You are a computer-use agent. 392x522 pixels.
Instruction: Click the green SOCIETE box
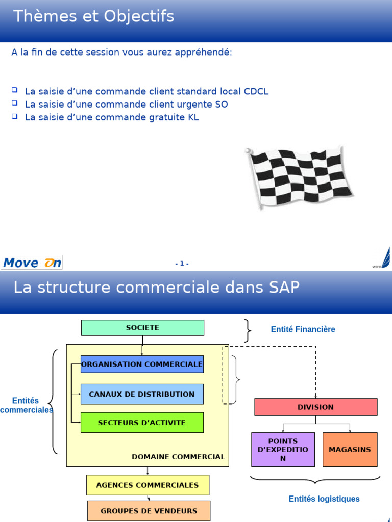[x=142, y=328]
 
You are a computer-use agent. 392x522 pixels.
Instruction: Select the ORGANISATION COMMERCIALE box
[x=142, y=364]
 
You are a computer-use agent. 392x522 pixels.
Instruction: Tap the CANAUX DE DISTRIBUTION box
[x=142, y=394]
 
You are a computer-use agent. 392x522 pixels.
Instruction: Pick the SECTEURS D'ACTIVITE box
[x=142, y=423]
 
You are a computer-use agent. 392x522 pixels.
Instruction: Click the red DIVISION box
[x=315, y=407]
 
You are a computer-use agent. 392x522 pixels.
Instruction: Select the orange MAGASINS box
[x=350, y=450]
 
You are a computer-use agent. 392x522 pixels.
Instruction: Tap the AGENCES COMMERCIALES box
[x=148, y=485]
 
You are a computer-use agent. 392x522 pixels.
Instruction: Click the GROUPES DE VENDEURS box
[x=149, y=511]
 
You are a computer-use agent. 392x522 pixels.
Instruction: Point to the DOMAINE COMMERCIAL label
[x=178, y=457]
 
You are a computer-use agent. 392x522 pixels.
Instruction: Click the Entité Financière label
[x=303, y=329]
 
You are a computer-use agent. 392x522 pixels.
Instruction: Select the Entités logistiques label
[x=324, y=499]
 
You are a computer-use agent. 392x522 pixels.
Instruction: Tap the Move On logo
[x=32, y=263]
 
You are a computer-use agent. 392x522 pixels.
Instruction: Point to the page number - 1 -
[x=182, y=264]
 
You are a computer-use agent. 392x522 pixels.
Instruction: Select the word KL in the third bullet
[x=193, y=117]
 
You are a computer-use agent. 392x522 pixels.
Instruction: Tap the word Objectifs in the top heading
[x=139, y=17]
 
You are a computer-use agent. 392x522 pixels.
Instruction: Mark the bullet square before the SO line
[x=14, y=103]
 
